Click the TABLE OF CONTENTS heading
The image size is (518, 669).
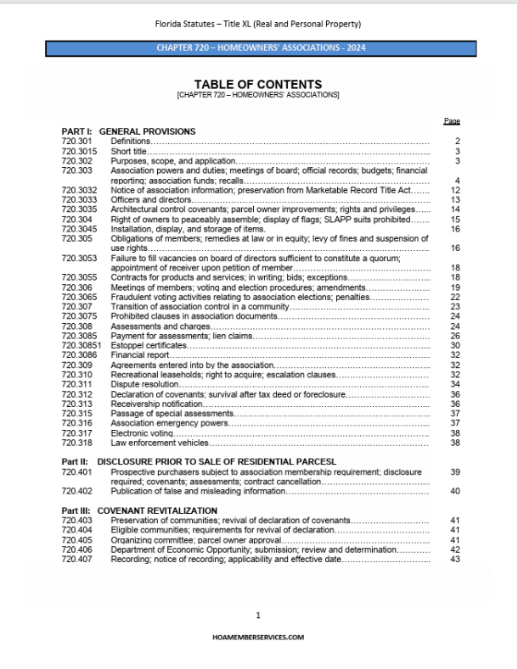[x=258, y=84]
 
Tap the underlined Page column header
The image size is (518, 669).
[x=452, y=122]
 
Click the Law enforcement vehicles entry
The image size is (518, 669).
[x=160, y=443]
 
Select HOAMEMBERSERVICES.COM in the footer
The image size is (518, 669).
[x=258, y=636]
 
